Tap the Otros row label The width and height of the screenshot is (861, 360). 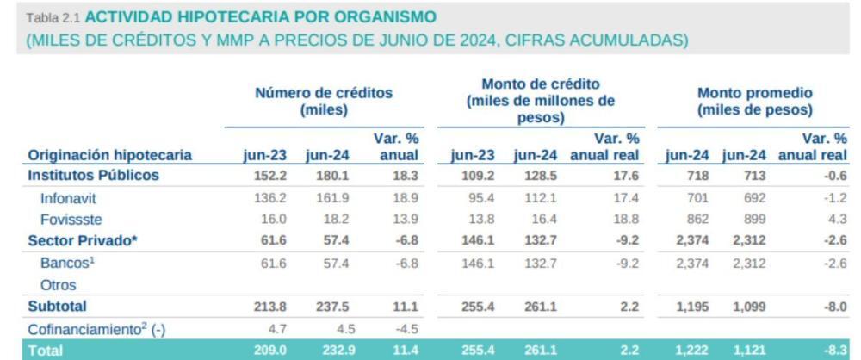pos(58,284)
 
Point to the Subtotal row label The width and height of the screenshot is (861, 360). pos(58,306)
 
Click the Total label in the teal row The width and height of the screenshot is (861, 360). pos(46,350)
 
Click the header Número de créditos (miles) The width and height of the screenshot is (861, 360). pos(323,102)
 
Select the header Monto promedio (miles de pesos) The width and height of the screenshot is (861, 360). pos(755,102)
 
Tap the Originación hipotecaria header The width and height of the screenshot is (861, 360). pos(110,156)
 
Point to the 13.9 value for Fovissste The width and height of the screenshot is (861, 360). pos(402,219)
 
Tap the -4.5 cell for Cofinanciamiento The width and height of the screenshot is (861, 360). pos(402,327)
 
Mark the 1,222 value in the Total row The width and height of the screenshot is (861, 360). pos(688,350)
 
